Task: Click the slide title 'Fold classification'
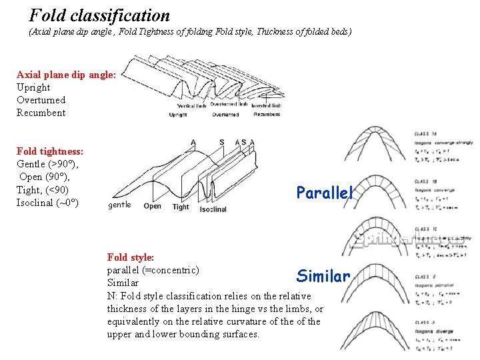(99, 15)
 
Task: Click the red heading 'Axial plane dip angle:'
(67, 75)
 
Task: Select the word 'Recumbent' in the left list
(41, 113)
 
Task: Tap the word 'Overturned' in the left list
(41, 100)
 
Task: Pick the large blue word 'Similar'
(323, 275)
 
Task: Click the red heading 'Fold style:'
(131, 257)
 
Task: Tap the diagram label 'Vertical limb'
(192, 105)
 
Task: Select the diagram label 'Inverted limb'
(267, 105)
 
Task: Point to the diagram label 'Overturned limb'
(229, 104)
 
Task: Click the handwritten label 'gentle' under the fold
(119, 205)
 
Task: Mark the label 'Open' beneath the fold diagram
(153, 206)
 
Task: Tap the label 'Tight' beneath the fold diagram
(181, 207)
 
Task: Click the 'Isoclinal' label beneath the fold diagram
(213, 209)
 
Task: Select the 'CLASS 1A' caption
(425, 134)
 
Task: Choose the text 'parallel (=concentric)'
(153, 269)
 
